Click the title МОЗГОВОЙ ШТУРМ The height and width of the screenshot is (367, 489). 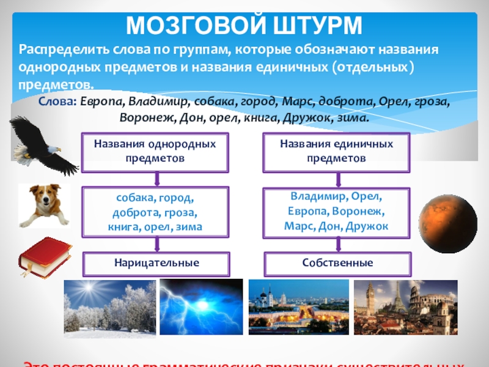(244, 25)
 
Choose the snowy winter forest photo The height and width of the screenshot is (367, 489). (109, 309)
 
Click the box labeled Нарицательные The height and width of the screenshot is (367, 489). (156, 263)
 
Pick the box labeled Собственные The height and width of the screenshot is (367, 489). (337, 263)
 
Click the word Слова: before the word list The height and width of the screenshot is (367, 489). (56, 102)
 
